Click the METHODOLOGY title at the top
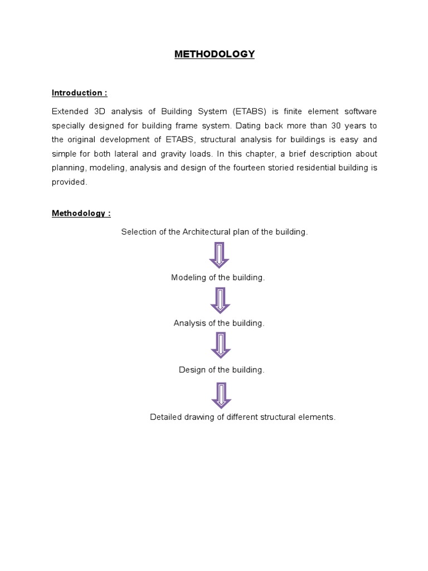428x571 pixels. coord(214,54)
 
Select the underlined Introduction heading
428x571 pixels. coord(79,93)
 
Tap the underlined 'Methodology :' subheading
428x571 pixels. coord(81,213)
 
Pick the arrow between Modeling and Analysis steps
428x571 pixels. coord(220,300)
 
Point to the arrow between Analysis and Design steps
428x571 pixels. coord(220,346)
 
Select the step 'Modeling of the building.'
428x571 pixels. coord(217,278)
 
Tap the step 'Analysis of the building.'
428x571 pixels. coord(218,323)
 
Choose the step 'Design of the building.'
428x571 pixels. coord(221,370)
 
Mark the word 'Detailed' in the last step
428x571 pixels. coord(166,417)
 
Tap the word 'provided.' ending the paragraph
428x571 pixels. coord(70,182)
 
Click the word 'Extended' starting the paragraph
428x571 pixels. coord(69,112)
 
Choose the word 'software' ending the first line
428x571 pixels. coord(361,112)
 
